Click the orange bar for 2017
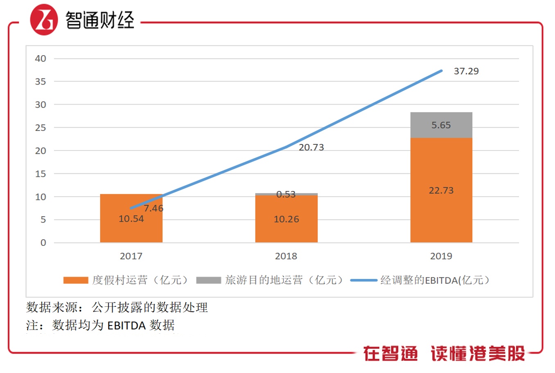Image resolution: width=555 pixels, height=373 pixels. [131, 229]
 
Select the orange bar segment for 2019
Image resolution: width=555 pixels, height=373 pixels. [441, 213]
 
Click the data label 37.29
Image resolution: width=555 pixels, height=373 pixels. [466, 71]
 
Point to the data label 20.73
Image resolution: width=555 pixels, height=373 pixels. [311, 147]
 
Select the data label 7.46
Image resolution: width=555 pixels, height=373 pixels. [153, 208]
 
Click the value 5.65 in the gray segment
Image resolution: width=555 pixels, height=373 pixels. [441, 125]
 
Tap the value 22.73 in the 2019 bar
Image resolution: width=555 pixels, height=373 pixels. [441, 191]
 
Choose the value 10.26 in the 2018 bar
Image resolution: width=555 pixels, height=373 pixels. [286, 219]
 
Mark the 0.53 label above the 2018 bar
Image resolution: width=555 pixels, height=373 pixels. [286, 194]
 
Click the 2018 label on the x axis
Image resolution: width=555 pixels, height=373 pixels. [286, 256]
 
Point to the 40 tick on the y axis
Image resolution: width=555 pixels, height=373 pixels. [41, 58]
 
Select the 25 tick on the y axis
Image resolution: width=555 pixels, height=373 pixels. [41, 128]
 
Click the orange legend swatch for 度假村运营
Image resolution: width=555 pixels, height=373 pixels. [76, 280]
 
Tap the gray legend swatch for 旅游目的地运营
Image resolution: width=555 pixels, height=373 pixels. [208, 280]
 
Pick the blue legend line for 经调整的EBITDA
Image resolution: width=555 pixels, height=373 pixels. [363, 280]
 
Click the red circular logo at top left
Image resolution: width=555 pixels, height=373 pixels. [44, 20]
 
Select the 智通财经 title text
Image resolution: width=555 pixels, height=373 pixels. [100, 20]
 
